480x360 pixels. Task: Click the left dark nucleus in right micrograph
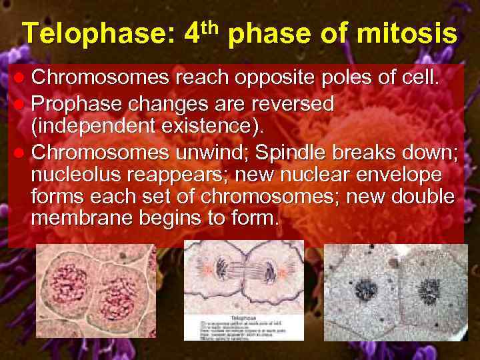pos(365,290)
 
